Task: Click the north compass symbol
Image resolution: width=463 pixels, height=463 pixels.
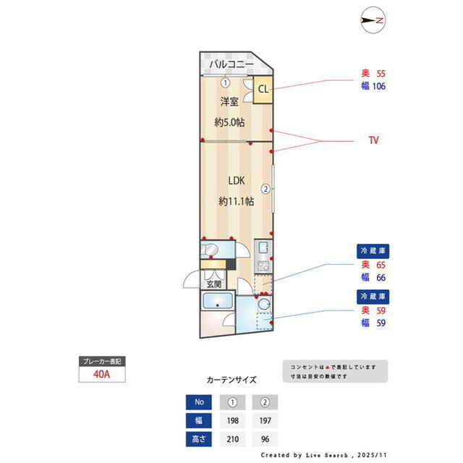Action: pyautogui.click(x=374, y=21)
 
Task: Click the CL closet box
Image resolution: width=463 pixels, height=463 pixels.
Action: pyautogui.click(x=263, y=90)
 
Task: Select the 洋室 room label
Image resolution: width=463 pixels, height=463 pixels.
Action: pyautogui.click(x=229, y=101)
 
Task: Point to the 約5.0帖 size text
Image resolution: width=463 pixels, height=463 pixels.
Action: pyautogui.click(x=229, y=122)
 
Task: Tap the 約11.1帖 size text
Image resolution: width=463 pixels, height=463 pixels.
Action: pyautogui.click(x=236, y=201)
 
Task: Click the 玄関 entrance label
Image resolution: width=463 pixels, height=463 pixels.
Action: pyautogui.click(x=215, y=284)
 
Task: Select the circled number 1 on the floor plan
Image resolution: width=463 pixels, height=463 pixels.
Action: pyautogui.click(x=225, y=82)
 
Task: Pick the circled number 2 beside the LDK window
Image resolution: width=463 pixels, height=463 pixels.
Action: pyautogui.click(x=266, y=190)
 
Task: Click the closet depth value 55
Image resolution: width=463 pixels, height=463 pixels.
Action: pyautogui.click(x=380, y=74)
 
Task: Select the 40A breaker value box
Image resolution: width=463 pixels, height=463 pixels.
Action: pyautogui.click(x=102, y=374)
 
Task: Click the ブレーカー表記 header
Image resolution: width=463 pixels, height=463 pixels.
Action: pyautogui.click(x=102, y=360)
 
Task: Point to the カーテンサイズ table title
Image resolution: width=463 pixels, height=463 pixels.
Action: pyautogui.click(x=231, y=379)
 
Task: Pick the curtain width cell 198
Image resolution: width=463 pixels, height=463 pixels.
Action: pyautogui.click(x=232, y=420)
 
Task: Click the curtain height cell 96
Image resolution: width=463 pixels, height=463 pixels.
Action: pyautogui.click(x=265, y=438)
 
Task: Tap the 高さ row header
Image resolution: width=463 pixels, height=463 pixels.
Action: pyautogui.click(x=199, y=438)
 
